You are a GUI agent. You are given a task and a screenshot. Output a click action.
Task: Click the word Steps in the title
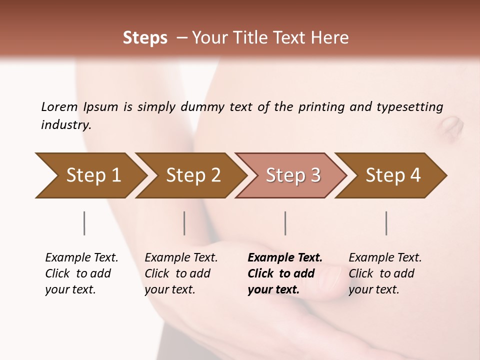pos(145,38)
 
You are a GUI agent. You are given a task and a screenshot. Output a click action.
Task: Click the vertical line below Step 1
pos(84,223)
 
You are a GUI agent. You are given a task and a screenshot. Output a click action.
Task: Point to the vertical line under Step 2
pos(184,223)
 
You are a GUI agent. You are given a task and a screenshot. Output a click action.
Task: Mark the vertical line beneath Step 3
pos(285,223)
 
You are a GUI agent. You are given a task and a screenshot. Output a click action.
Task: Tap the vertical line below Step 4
pos(386,223)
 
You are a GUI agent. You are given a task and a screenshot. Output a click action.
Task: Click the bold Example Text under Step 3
pos(285,258)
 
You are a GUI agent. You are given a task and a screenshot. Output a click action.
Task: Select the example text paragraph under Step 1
pos(81,273)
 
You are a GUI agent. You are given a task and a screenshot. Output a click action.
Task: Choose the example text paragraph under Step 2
pos(181,273)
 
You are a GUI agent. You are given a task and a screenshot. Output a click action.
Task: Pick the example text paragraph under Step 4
pos(385,273)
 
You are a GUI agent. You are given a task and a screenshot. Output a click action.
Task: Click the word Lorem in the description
pos(59,107)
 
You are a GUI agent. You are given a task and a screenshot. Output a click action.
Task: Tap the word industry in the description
pos(65,125)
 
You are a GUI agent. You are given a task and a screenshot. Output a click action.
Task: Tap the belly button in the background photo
pos(452,125)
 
